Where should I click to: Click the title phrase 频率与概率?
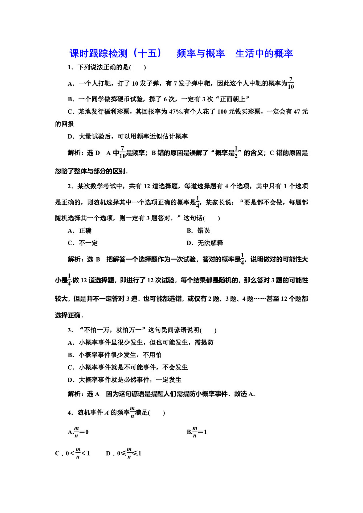pos(200,54)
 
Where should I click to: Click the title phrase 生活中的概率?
pos(264,54)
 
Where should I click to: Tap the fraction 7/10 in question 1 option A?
pos(291,83)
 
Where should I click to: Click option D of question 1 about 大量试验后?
pos(128,136)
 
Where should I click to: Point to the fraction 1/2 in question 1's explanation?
pos(236,152)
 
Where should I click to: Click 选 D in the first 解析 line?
pos(93,153)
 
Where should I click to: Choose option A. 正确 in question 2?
pos(80,231)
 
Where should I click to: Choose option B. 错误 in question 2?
pos(199,231)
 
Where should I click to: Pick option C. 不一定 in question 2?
pos(83,243)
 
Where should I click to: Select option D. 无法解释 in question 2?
pos(205,243)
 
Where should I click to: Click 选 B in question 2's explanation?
pos(93,259)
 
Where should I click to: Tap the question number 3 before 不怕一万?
pos(70,330)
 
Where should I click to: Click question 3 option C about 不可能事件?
pos(128,368)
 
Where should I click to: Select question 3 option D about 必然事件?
pos(125,380)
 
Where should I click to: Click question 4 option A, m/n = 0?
pos(78,432)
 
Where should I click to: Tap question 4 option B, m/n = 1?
pos(197,432)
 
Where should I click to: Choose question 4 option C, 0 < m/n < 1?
pos(73,453)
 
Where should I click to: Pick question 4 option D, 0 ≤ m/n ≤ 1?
pos(124,453)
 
